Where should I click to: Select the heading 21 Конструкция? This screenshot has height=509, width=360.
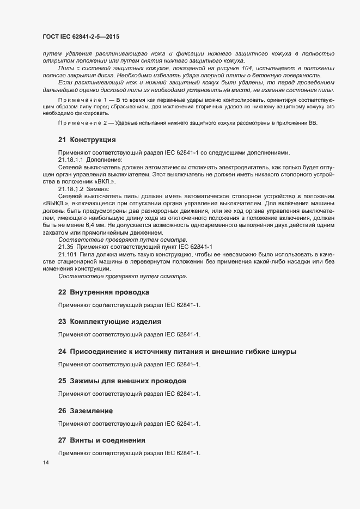coord(87,140)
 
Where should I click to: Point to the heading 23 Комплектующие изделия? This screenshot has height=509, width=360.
coord(109,322)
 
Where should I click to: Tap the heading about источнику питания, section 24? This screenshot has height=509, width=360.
coord(178,351)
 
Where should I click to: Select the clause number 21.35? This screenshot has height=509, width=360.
coord(66,247)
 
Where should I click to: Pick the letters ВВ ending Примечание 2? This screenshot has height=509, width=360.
coord(313,123)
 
